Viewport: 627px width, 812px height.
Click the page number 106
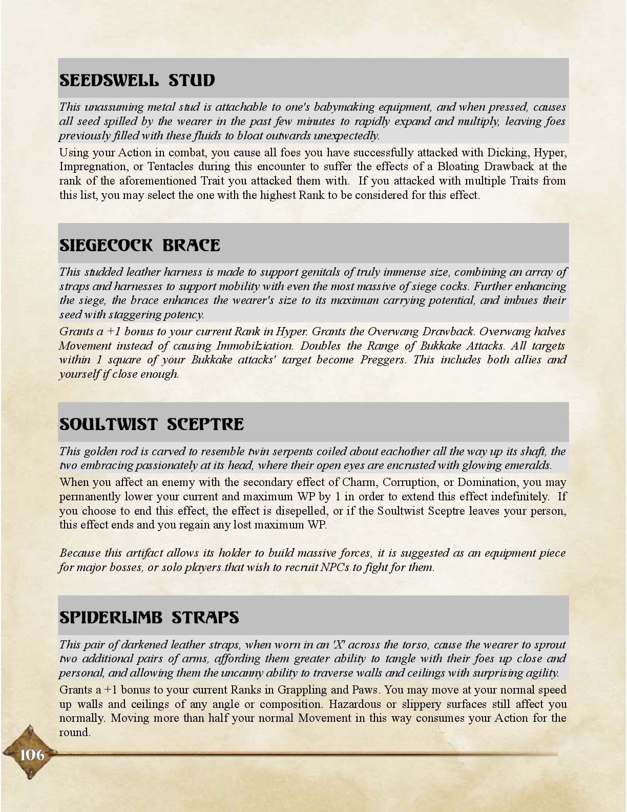coord(32,755)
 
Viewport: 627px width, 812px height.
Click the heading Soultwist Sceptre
coord(152,424)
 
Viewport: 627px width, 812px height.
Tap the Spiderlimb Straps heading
coord(149,617)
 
